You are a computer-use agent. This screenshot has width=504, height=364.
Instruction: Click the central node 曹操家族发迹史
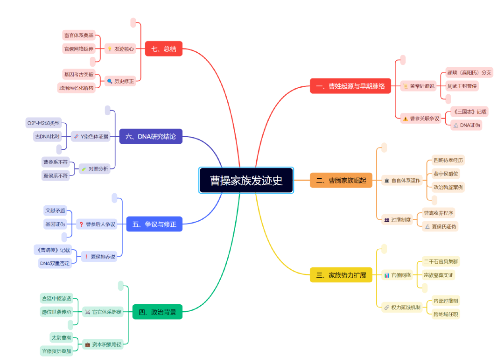[x=246, y=180]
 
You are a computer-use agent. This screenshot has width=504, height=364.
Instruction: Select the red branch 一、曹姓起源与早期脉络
[x=350, y=86]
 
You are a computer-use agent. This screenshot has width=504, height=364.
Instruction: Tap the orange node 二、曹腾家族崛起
[x=341, y=180]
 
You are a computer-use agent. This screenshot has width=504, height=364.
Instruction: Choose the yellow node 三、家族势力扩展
[x=341, y=275]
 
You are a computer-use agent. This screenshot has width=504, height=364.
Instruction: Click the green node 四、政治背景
[x=157, y=312]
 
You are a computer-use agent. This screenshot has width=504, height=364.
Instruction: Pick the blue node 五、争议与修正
[x=154, y=224]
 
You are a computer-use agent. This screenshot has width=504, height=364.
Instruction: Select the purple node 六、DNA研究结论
[x=150, y=136]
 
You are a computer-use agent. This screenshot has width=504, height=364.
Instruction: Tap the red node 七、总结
[x=163, y=49]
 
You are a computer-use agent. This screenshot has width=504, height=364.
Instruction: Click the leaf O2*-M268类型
[x=43, y=123]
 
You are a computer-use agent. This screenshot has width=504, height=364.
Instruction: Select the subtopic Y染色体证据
[x=91, y=137]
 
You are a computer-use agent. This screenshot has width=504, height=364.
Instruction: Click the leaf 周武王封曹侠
[x=462, y=86]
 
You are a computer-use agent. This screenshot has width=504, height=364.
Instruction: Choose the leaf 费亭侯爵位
[x=446, y=174]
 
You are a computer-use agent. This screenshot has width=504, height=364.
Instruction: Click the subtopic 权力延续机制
[x=402, y=307]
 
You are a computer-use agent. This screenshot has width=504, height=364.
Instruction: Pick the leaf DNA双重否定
[x=55, y=263]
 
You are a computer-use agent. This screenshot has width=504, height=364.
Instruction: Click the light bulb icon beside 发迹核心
[x=110, y=49]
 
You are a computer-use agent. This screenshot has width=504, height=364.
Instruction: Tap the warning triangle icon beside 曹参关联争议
[x=406, y=119]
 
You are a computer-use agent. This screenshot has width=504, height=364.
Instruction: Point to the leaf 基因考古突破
[x=78, y=74]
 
